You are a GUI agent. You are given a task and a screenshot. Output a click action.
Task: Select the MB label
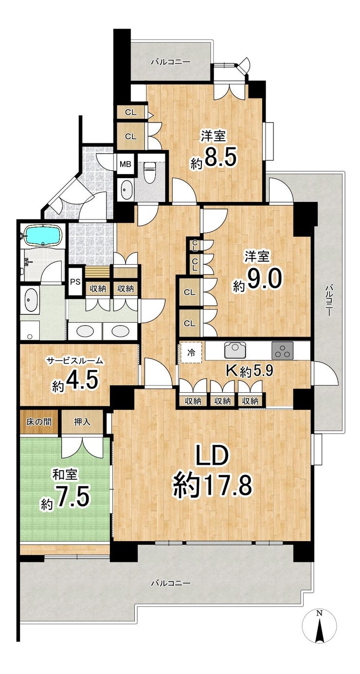pos(126,164)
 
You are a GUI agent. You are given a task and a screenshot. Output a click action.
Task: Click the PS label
pos(75,282)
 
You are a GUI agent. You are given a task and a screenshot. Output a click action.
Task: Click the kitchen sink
pos(235,350)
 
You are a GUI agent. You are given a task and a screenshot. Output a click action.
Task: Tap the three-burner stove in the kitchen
pos(283,350)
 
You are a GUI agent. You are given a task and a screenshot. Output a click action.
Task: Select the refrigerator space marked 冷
pos(191,353)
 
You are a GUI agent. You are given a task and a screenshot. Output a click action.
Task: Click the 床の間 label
pos(39,422)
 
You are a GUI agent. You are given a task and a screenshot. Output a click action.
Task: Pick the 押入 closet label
pos(82,422)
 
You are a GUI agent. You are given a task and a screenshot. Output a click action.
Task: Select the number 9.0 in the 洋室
pos(264,279)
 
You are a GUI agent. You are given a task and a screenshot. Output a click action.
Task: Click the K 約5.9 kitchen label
pos(249,372)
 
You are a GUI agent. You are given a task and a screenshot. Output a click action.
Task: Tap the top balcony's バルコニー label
pos(171,62)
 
